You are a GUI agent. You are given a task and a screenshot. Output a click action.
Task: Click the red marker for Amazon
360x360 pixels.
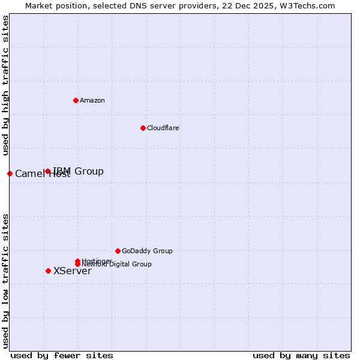(76, 100)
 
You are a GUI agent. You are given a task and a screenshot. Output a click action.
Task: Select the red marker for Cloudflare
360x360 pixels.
(143, 128)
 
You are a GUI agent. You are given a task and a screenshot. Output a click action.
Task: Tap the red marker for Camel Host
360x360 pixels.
(10, 173)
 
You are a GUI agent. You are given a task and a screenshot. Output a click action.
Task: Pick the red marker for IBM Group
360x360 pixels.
(48, 172)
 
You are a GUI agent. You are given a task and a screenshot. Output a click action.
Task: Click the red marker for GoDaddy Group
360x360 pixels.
(118, 251)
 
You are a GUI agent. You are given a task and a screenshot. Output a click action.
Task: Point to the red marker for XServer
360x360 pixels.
(48, 271)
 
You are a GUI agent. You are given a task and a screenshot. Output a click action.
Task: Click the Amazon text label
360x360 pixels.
(92, 100)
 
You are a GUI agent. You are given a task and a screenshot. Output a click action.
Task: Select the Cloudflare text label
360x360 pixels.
(163, 128)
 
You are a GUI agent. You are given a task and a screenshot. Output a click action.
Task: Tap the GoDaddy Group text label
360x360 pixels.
(147, 251)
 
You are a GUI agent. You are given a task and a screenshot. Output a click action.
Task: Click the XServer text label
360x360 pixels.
(72, 271)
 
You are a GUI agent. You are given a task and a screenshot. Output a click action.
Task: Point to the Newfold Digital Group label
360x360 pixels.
(116, 264)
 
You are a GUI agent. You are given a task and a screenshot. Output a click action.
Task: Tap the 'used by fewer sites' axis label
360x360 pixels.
(62, 355)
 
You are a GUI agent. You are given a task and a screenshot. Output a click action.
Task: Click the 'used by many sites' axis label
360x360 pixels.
(301, 355)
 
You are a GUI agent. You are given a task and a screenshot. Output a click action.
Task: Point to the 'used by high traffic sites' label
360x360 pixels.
(5, 86)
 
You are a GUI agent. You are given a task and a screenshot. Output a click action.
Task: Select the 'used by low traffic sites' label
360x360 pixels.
(5, 281)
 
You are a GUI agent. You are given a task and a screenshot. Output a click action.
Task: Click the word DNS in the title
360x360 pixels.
(135, 5)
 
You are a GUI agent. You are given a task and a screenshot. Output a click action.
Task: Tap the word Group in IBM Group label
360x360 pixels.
(89, 172)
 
